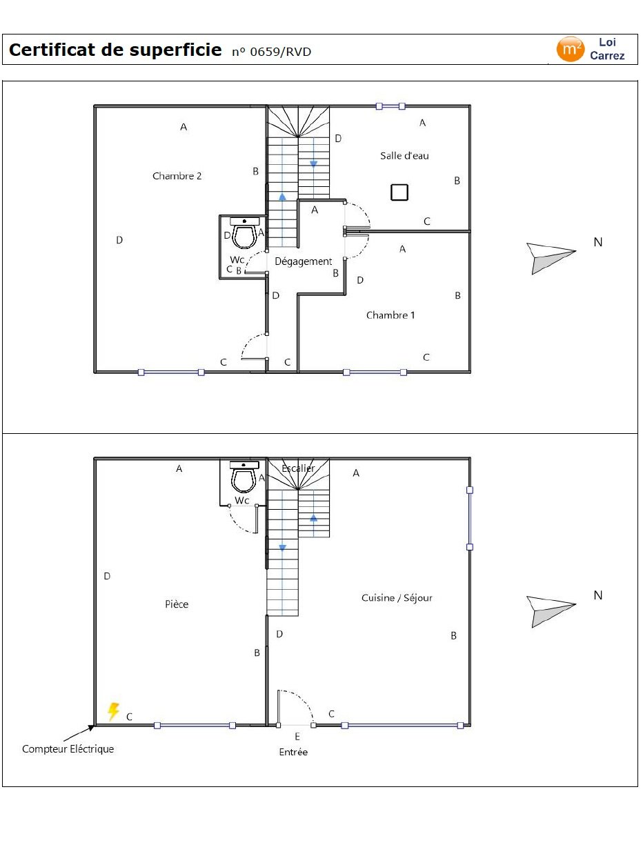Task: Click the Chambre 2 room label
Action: (x=177, y=176)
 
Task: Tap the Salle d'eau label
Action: (x=404, y=156)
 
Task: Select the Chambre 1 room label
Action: (x=390, y=315)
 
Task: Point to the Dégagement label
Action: (x=303, y=261)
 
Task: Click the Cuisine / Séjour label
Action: (x=397, y=598)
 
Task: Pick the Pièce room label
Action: (x=177, y=604)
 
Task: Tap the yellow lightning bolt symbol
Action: (x=113, y=711)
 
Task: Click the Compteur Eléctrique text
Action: (x=68, y=749)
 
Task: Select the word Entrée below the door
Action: (x=293, y=752)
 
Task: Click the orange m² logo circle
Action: (x=570, y=49)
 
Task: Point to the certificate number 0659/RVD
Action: (x=272, y=52)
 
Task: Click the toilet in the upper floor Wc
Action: (x=244, y=233)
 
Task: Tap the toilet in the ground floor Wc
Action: (x=244, y=477)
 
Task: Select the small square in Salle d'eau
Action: (x=399, y=192)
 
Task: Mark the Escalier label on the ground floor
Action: (x=298, y=468)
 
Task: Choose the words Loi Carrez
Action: (x=607, y=49)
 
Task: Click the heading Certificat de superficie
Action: (x=115, y=50)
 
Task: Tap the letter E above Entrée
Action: (x=297, y=736)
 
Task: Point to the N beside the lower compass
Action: (x=597, y=595)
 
